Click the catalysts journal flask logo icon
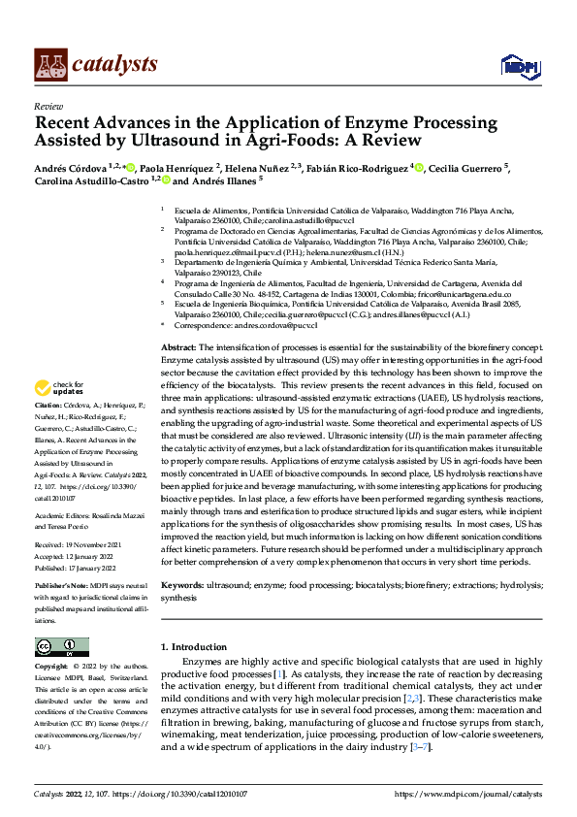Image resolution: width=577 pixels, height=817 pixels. [x=49, y=64]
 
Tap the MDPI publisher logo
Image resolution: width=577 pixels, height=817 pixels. [x=519, y=65]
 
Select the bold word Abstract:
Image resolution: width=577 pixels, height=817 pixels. [x=178, y=346]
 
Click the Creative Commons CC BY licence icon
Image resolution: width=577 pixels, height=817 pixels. [x=61, y=647]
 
